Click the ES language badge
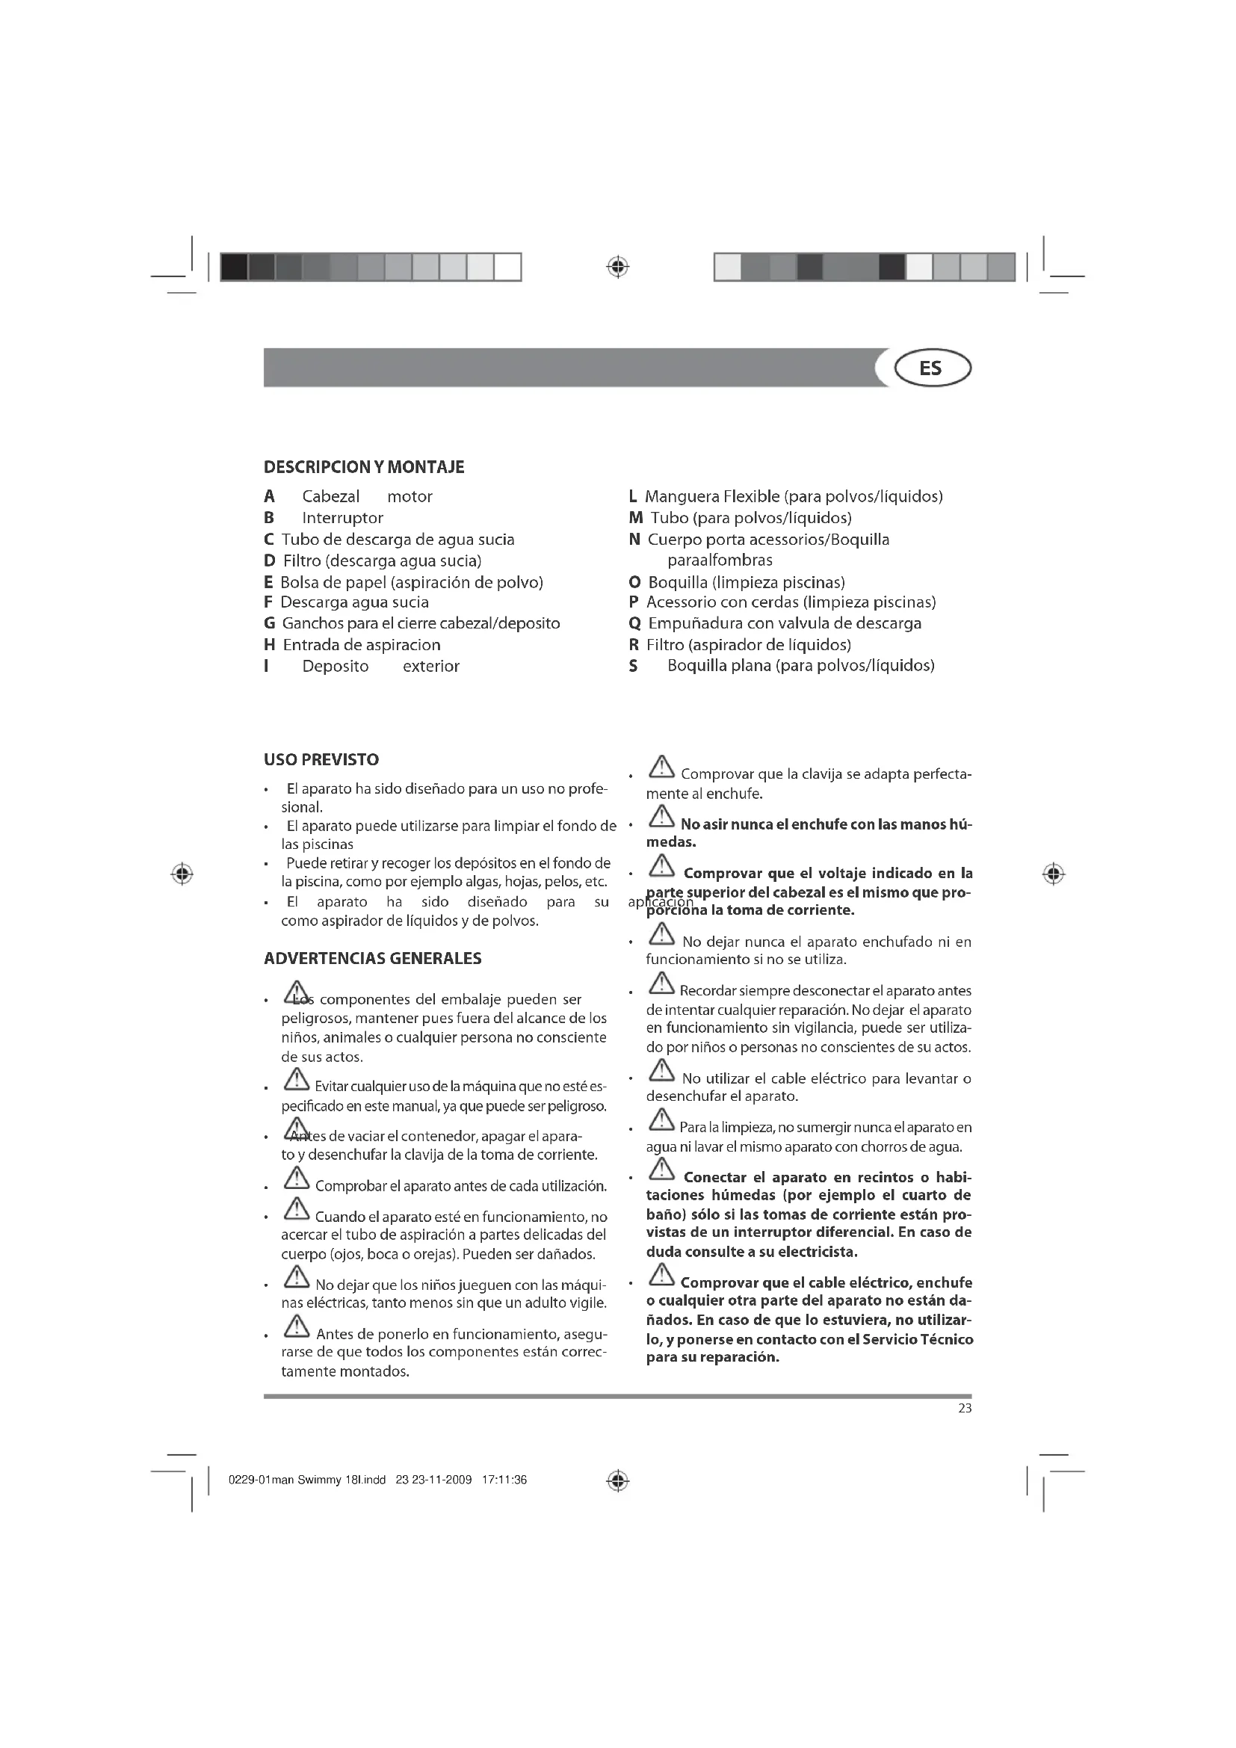coord(933,368)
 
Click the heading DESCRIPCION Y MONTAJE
coord(364,466)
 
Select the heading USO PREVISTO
coord(321,759)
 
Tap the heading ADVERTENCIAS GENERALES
coord(372,958)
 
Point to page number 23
coord(964,1408)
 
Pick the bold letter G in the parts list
coord(270,623)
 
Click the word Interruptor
coord(342,518)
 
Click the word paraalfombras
coord(719,560)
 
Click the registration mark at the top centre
coord(618,267)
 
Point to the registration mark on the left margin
coord(182,874)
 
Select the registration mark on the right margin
coord(1054,874)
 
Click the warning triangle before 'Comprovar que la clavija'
coord(661,768)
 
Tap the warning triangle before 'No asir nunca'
coord(661,817)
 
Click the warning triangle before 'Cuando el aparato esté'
coord(296,1208)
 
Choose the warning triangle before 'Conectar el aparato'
coord(661,1169)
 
